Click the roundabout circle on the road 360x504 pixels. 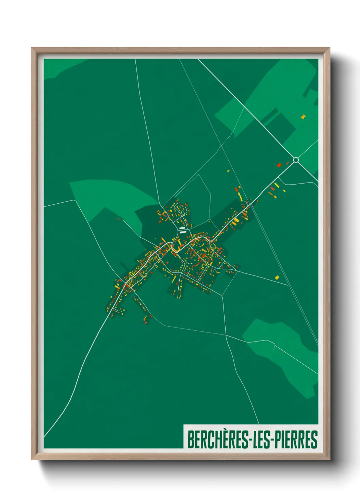(296, 160)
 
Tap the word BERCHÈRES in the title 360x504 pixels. (218, 440)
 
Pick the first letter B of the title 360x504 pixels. (191, 440)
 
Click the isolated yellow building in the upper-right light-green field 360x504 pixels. (303, 117)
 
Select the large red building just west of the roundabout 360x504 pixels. (279, 165)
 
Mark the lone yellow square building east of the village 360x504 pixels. (277, 278)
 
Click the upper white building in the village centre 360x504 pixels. (182, 228)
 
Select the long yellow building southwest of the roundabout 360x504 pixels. (277, 186)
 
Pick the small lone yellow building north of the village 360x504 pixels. (228, 171)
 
